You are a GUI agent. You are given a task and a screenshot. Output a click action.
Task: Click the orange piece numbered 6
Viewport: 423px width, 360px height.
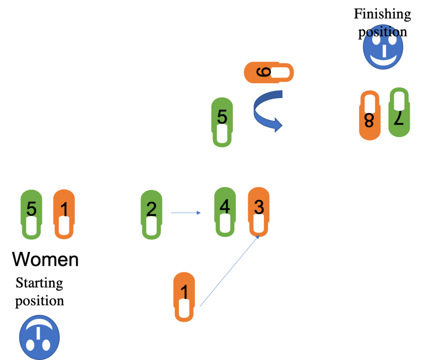[269, 73]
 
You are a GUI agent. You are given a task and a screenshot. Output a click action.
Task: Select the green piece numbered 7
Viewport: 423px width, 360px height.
[399, 112]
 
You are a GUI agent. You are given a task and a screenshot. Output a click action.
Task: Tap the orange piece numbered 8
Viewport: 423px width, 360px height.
[370, 115]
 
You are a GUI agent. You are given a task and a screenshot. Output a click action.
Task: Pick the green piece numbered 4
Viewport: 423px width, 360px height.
[225, 212]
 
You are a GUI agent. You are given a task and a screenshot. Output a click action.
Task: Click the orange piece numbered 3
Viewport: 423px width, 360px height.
[259, 212]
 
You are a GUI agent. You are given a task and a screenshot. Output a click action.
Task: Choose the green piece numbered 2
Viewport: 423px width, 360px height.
[152, 214]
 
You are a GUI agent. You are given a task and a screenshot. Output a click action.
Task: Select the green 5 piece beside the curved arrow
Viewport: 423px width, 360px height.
[222, 122]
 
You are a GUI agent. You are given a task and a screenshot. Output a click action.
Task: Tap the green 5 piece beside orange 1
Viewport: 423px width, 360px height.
[31, 214]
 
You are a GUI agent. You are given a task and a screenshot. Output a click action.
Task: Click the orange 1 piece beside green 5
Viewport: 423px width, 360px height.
[64, 214]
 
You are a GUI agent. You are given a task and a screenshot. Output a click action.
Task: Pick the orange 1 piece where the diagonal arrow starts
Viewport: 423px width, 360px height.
[184, 296]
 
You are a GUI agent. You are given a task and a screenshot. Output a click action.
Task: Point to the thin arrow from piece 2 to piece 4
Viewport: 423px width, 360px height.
[185, 213]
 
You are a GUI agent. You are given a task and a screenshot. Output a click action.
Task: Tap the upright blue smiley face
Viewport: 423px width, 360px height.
[383, 48]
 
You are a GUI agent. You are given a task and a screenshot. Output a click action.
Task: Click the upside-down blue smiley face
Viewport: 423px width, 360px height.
[39, 337]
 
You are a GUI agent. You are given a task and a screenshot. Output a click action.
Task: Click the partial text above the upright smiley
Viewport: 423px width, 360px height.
[382, 32]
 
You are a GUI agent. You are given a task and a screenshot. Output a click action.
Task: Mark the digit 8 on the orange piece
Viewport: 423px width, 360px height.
[369, 121]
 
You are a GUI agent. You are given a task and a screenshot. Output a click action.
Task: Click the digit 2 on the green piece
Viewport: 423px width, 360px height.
[151, 210]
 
